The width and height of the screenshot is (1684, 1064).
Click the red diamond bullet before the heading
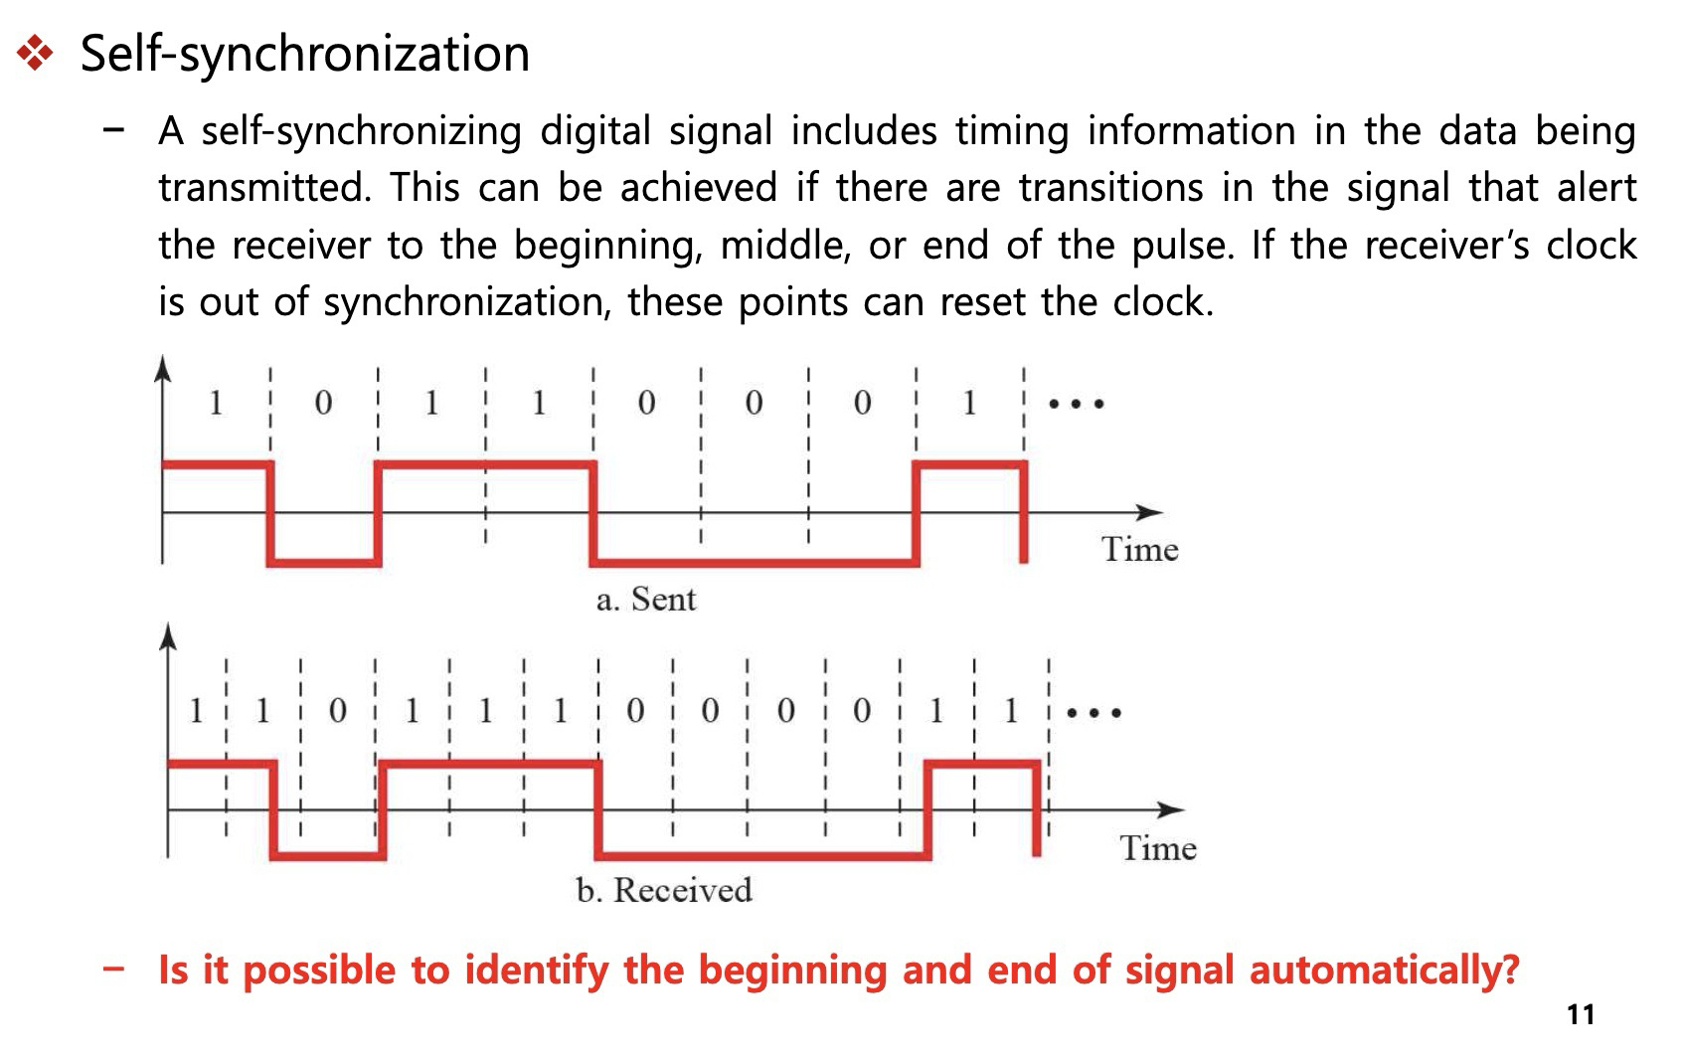[36, 54]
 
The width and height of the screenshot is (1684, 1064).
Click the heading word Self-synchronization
[304, 54]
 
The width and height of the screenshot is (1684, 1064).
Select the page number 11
[1581, 1015]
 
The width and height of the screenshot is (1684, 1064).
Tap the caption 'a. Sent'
[646, 600]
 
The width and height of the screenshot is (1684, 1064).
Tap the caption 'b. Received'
[664, 890]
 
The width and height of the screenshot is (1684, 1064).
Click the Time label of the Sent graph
[1139, 549]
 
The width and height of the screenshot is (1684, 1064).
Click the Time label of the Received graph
[1158, 848]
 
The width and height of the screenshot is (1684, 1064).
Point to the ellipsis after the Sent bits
[1077, 404]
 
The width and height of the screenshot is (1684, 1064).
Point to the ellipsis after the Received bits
[1095, 712]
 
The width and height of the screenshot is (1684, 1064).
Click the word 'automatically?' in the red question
[1384, 970]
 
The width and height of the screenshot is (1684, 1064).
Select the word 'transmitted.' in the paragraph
[265, 187]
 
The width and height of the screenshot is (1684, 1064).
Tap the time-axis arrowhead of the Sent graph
[1150, 513]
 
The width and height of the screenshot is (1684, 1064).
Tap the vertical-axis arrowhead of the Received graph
[168, 636]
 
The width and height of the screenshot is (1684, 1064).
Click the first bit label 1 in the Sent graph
[216, 403]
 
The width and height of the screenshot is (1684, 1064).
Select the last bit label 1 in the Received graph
[1010, 711]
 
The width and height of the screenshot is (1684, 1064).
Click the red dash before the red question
[113, 969]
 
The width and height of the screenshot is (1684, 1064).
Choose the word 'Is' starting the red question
[173, 970]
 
